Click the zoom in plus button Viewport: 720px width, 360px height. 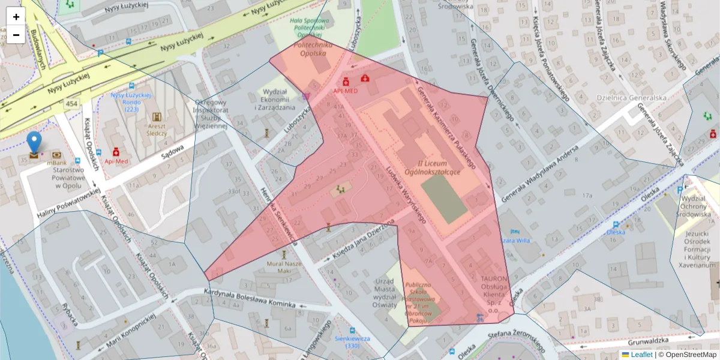coord(16,17)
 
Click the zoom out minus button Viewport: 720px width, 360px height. coord(16,35)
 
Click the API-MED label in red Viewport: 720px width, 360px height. coord(346,91)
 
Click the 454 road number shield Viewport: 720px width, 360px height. coord(72,104)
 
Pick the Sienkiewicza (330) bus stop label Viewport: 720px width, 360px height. coord(352,342)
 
